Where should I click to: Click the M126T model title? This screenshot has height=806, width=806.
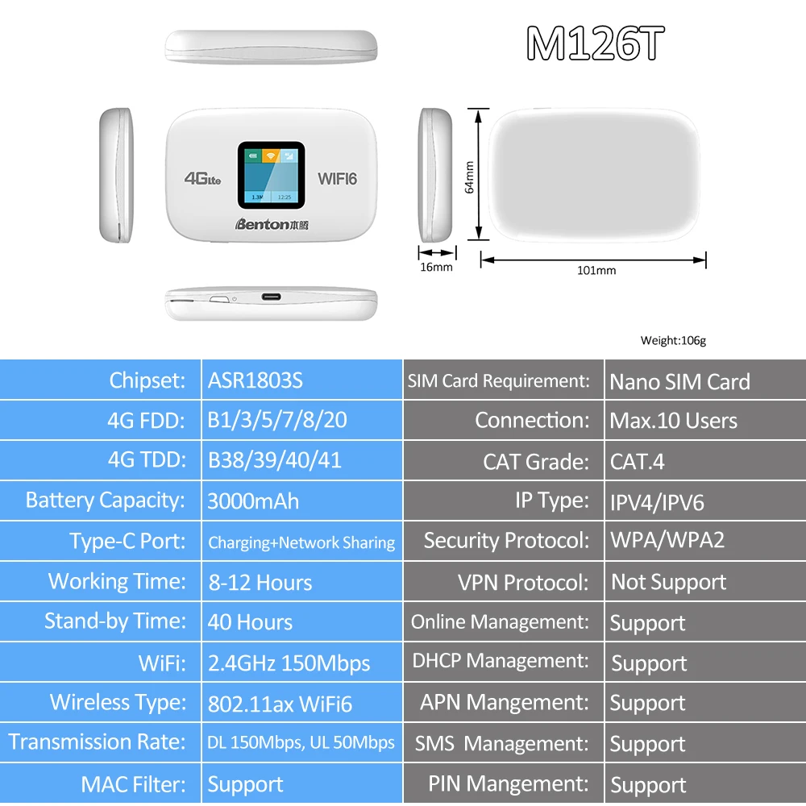(595, 44)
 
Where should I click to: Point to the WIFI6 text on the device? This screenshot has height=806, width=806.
(337, 179)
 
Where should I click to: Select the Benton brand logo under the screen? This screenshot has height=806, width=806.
(272, 225)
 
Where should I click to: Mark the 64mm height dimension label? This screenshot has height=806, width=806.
(469, 177)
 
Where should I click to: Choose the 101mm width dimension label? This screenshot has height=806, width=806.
(596, 270)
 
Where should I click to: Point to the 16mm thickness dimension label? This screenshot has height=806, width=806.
(437, 267)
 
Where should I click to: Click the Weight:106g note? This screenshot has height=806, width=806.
(673, 341)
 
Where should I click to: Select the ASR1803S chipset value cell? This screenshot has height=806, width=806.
(256, 380)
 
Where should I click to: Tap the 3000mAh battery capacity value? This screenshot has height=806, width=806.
(253, 501)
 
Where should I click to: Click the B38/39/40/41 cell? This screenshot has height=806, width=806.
(275, 460)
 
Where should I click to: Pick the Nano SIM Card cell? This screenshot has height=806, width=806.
(679, 381)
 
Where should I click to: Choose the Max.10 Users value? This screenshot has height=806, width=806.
(673, 421)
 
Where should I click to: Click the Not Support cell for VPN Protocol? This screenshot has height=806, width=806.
(668, 582)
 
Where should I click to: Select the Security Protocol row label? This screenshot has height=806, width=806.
(506, 541)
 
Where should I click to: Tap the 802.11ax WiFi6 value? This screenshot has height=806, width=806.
(280, 703)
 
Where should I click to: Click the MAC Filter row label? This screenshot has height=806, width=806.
(133, 783)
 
